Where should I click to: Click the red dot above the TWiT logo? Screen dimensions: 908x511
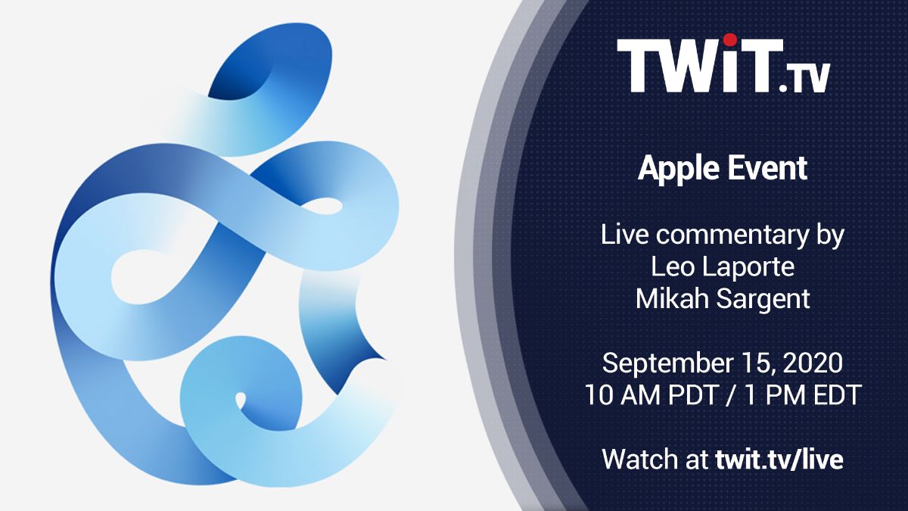730,39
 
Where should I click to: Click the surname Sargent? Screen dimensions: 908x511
763,300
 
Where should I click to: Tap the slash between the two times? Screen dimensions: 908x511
731,395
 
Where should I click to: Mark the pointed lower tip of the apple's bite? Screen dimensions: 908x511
385,359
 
